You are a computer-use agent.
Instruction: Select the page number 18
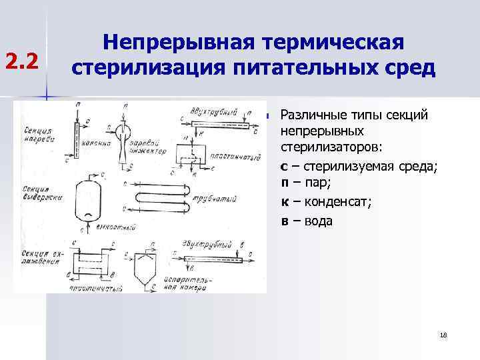(443, 335)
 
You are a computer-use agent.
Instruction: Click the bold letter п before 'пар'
(285, 182)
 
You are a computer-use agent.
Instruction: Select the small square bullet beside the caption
(267, 116)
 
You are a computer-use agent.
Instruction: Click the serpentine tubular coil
(166, 198)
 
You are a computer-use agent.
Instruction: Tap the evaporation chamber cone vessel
(151, 266)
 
